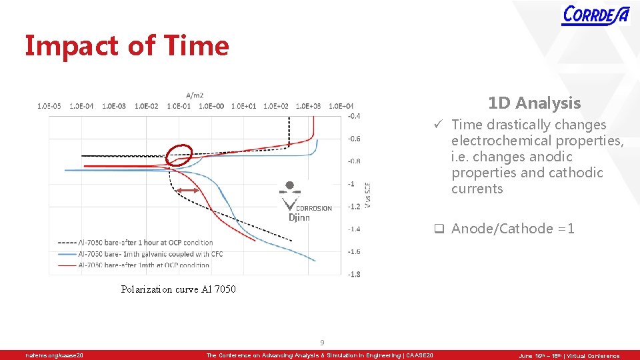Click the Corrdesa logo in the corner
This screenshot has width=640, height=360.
(x=595, y=14)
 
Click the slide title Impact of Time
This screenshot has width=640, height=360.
(x=127, y=46)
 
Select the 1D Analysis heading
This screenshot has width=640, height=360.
(x=534, y=103)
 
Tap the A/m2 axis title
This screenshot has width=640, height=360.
(x=195, y=95)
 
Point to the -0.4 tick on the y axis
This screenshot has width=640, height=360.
(x=354, y=116)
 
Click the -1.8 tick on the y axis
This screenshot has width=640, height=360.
(x=354, y=274)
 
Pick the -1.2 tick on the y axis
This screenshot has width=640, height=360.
(x=354, y=206)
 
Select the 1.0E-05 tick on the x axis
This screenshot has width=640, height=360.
(x=49, y=105)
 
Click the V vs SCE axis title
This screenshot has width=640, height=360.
(x=369, y=195)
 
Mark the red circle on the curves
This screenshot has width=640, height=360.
(x=179, y=155)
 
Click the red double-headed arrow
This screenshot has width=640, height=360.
(x=188, y=191)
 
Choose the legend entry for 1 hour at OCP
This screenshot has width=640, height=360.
(x=136, y=243)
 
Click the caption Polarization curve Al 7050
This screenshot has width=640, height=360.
(x=178, y=289)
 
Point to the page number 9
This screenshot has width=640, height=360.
(x=321, y=343)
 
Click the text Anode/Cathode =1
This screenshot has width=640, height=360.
(x=513, y=229)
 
